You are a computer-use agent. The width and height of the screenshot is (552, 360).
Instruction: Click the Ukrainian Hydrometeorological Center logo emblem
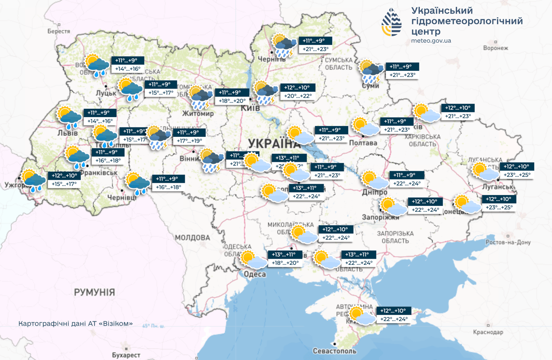(391, 22)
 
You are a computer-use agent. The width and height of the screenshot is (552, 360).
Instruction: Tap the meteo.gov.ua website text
(431, 41)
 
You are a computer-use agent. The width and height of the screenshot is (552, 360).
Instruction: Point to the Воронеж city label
(495, 48)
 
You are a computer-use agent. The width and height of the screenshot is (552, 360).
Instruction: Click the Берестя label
(59, 31)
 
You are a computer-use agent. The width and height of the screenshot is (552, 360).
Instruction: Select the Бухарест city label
(126, 355)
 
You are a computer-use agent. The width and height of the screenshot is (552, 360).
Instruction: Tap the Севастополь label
(334, 351)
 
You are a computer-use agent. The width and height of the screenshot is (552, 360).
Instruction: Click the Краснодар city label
(488, 332)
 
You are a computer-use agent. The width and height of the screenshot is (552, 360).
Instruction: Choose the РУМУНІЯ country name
(94, 292)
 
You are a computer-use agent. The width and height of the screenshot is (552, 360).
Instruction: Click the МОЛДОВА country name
(192, 238)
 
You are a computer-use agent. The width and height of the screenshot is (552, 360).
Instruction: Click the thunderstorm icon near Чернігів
(283, 45)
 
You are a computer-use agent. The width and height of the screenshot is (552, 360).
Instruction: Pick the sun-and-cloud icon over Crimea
(362, 316)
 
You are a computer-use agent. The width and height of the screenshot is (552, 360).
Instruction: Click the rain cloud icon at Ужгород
(33, 180)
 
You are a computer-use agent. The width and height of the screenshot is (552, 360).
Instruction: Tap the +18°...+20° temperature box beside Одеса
(285, 263)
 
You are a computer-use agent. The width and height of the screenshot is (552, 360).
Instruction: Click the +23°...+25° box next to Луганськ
(518, 175)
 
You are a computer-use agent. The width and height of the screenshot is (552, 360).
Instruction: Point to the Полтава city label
(363, 142)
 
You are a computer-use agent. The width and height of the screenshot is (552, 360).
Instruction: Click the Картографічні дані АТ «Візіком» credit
(76, 323)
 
